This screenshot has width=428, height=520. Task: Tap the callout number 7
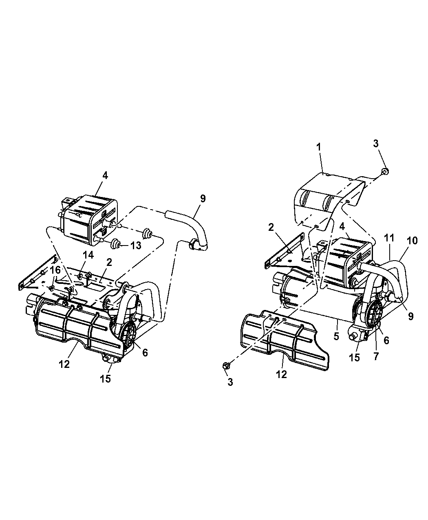coord(376,356)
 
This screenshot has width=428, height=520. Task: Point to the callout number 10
coord(412,241)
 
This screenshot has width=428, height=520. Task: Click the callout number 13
coord(136,245)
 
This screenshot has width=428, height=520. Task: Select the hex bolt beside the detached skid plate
coord(227,365)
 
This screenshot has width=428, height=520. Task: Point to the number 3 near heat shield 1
coord(375,143)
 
